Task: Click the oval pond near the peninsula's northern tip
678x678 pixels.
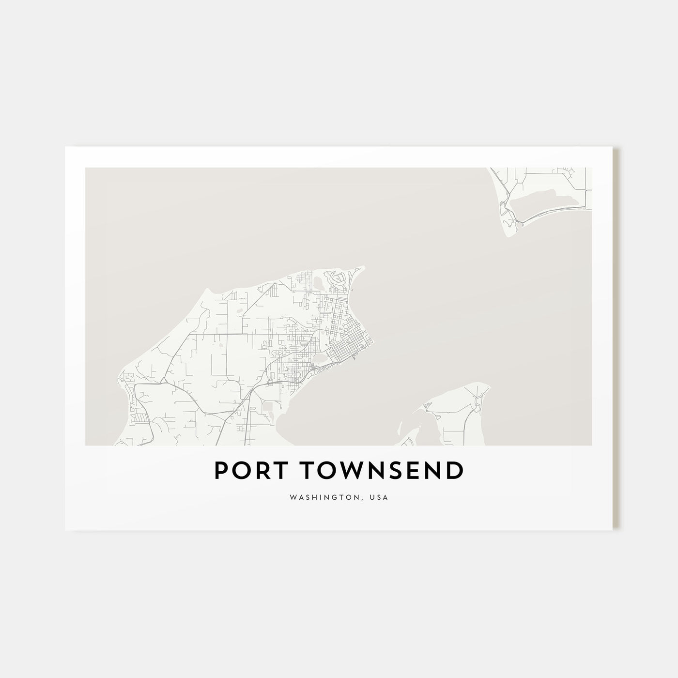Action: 318,282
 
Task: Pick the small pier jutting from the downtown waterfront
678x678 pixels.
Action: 355,359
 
